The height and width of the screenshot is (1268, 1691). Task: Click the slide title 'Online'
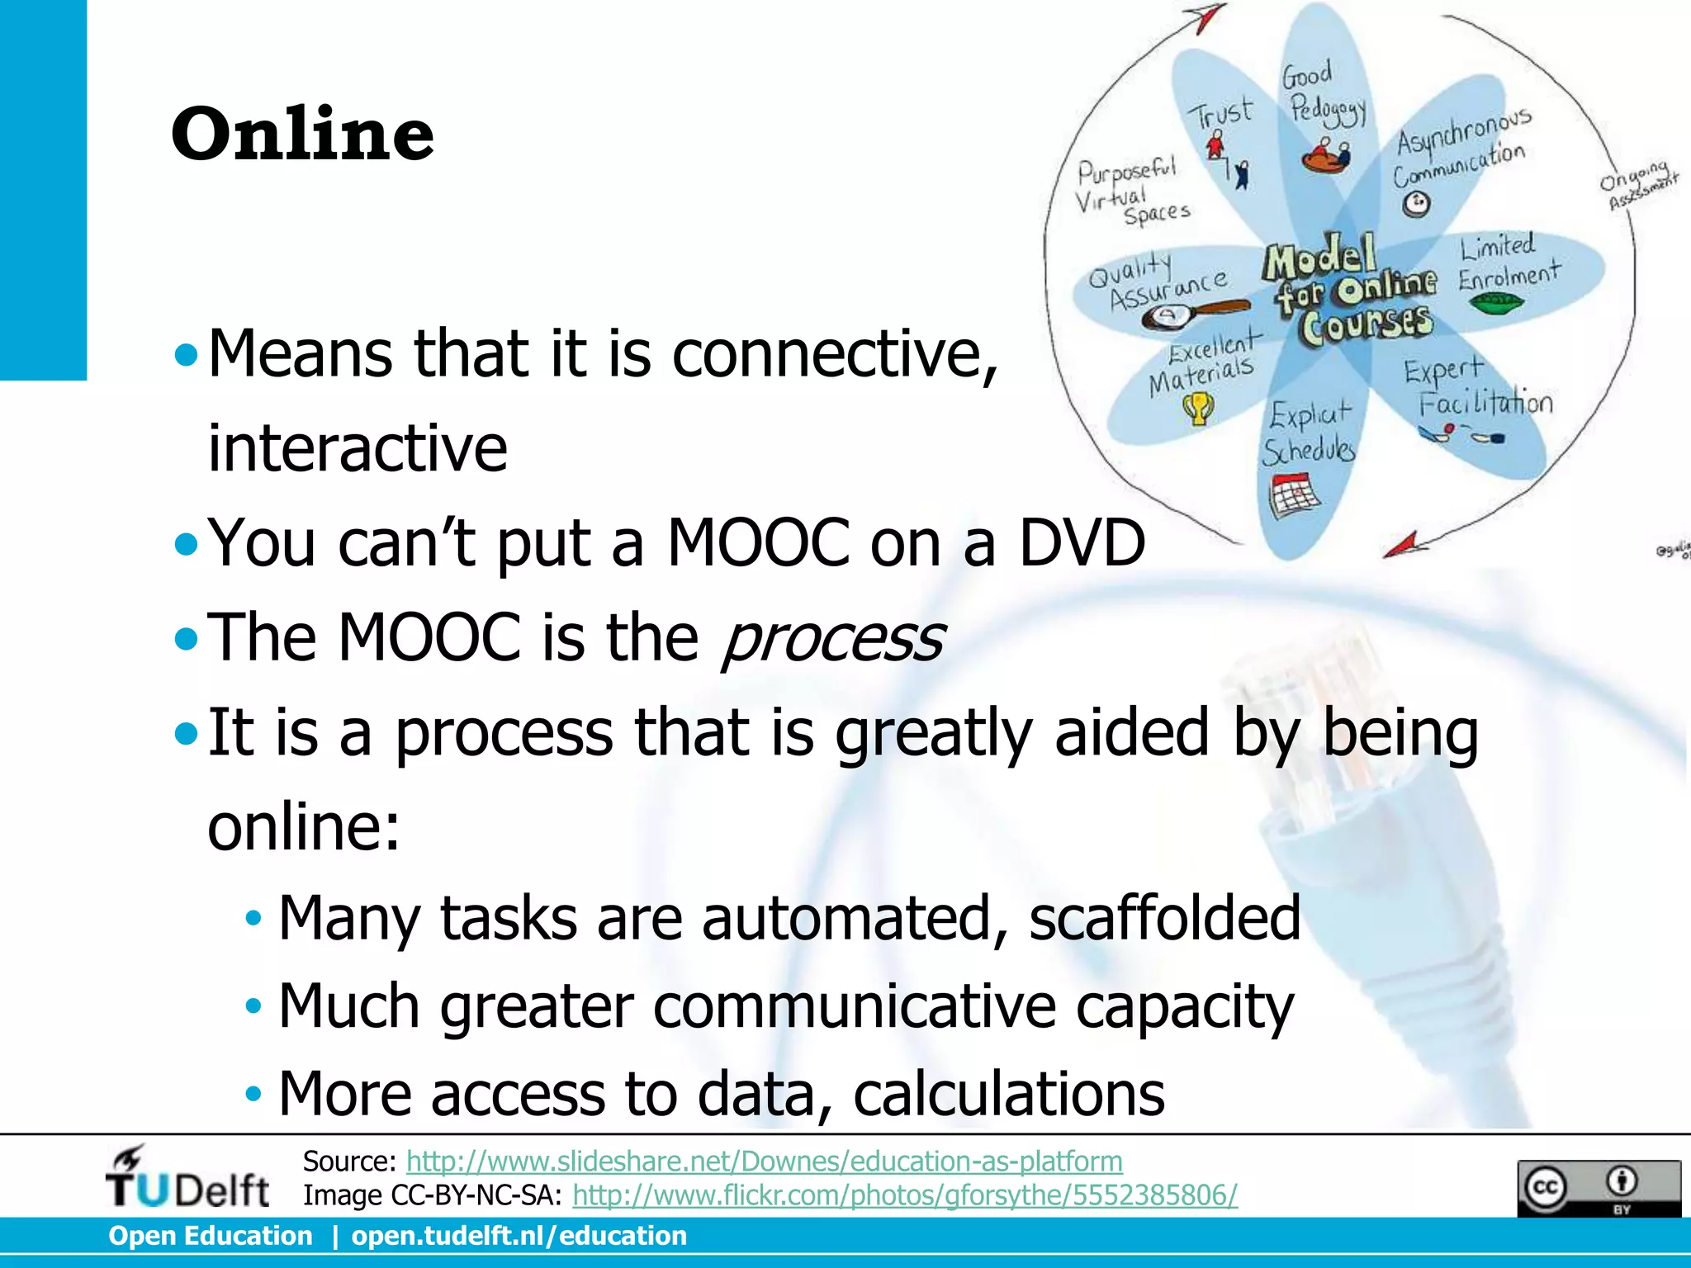pos(302,134)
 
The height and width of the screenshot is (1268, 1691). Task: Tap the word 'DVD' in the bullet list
pos(1082,542)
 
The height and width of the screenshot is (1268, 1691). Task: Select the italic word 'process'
pos(832,638)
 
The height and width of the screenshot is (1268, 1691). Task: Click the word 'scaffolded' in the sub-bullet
pos(1164,917)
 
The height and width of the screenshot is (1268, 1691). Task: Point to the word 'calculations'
pos(1008,1093)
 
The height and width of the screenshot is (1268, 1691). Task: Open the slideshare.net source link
pos(764,1162)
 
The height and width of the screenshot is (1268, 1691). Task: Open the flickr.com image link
pos(905,1195)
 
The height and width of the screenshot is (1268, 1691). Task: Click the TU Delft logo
pos(187,1179)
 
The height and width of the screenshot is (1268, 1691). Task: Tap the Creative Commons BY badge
pos(1598,1188)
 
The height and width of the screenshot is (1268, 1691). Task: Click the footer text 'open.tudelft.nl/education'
pos(519,1236)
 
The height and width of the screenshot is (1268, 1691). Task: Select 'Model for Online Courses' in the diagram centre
pos(1350,289)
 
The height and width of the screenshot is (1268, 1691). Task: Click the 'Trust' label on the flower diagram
pos(1220,114)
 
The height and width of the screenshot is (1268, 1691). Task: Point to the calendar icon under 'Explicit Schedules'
pos(1293,494)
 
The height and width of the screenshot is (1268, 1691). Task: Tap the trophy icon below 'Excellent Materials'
pos(1198,408)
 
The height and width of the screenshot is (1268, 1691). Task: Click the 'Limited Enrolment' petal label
pos(1507,262)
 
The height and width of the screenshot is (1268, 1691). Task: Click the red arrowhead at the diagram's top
pos(1208,17)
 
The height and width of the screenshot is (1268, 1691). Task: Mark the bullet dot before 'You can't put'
pos(187,544)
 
